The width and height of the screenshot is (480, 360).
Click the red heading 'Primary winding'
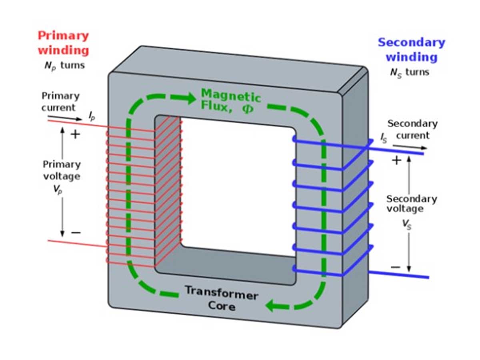pos(64,43)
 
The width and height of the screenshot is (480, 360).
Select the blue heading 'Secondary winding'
pos(412,50)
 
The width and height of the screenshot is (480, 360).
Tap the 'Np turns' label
pos(64,66)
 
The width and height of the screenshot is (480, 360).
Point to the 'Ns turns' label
pos(410,73)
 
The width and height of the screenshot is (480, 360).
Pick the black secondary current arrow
pos(410,147)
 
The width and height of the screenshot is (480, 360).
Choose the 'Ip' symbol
pos(92,116)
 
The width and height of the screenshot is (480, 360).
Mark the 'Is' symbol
pos(384,138)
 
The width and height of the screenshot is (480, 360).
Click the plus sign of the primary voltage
pos(76,134)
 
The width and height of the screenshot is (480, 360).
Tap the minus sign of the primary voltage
pos(76,232)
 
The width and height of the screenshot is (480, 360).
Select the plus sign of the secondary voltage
pos(396,160)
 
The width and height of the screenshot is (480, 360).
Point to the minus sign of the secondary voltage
pos(396,267)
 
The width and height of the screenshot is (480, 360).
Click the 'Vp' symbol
pos(58,189)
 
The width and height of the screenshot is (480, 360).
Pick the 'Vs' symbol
pos(407,225)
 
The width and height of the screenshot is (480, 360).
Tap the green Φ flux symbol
pos(248,109)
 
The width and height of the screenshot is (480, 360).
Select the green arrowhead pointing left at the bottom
pos(271,305)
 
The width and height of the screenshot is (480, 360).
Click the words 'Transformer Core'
pos(222,298)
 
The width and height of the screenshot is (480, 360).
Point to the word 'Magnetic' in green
pos(231,95)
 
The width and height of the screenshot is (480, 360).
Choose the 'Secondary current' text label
pos(413,130)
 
